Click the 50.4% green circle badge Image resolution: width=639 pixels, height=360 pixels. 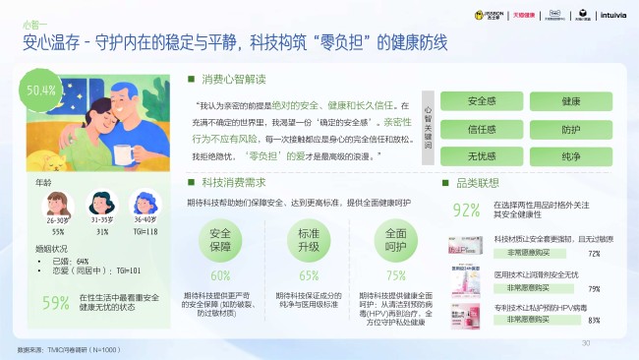[x=41, y=90]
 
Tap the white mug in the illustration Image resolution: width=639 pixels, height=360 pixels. [x=125, y=153]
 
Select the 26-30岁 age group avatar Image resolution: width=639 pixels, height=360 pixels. [x=58, y=204]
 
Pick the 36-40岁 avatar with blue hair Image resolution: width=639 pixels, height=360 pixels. [x=145, y=204]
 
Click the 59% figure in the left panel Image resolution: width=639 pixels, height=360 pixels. [x=56, y=303]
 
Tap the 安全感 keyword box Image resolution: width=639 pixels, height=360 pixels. [x=481, y=101]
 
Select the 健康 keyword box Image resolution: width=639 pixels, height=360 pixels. [x=571, y=101]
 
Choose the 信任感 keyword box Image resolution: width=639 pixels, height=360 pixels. [x=481, y=129]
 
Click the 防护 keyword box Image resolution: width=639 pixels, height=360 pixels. [x=571, y=129]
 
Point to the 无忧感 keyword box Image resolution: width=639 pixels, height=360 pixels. [x=481, y=156]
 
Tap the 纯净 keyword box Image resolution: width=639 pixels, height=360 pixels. [x=571, y=156]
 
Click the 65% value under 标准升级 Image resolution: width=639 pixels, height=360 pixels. [x=309, y=276]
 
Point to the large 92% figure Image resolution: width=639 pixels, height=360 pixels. [x=466, y=210]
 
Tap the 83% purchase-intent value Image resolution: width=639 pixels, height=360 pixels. [x=593, y=320]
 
